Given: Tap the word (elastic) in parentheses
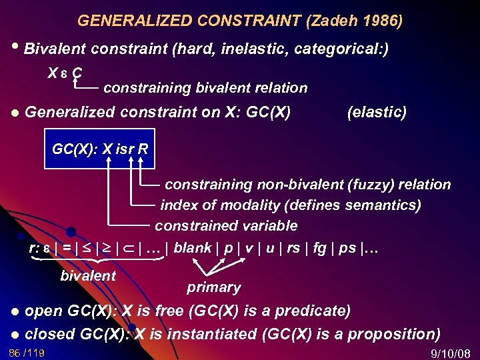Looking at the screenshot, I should click(377, 112).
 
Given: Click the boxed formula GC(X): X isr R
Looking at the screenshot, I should click(100, 148).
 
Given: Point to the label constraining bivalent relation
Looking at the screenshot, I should click(205, 87).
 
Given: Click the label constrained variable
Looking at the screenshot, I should click(226, 226).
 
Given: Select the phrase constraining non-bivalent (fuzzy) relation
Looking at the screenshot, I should click(307, 184).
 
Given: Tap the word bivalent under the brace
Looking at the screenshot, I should click(88, 275).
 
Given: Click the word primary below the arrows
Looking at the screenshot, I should click(213, 287).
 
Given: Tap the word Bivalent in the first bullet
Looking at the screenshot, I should click(55, 49).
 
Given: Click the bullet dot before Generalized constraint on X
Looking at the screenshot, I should click(15, 113).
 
